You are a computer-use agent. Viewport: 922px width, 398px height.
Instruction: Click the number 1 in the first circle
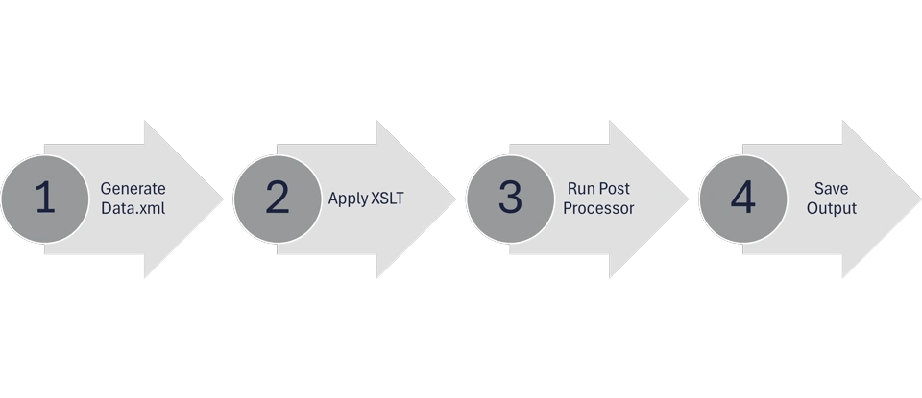43,199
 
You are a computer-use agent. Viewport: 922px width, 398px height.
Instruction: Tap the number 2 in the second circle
277,199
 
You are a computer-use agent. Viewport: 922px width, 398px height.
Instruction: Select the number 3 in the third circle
509,199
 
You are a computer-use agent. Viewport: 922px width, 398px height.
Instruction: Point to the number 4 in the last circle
742,199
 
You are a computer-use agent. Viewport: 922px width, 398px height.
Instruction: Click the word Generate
133,189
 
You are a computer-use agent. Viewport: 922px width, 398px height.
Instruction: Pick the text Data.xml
133,208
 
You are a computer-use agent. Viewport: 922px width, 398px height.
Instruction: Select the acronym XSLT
388,199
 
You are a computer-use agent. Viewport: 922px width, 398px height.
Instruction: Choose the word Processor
598,208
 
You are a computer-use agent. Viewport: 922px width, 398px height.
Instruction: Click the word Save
831,189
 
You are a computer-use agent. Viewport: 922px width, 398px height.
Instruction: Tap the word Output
831,208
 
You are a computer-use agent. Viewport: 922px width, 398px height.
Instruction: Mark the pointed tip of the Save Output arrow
919,199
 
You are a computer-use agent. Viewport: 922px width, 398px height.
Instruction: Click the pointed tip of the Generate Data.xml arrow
222,199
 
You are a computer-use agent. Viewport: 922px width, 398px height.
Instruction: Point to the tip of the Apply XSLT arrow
454,199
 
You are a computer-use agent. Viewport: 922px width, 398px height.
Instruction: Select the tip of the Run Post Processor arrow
688,199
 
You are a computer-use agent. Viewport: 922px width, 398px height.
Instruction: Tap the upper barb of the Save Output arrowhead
842,123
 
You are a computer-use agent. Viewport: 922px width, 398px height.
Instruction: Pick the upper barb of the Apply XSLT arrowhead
377,123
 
